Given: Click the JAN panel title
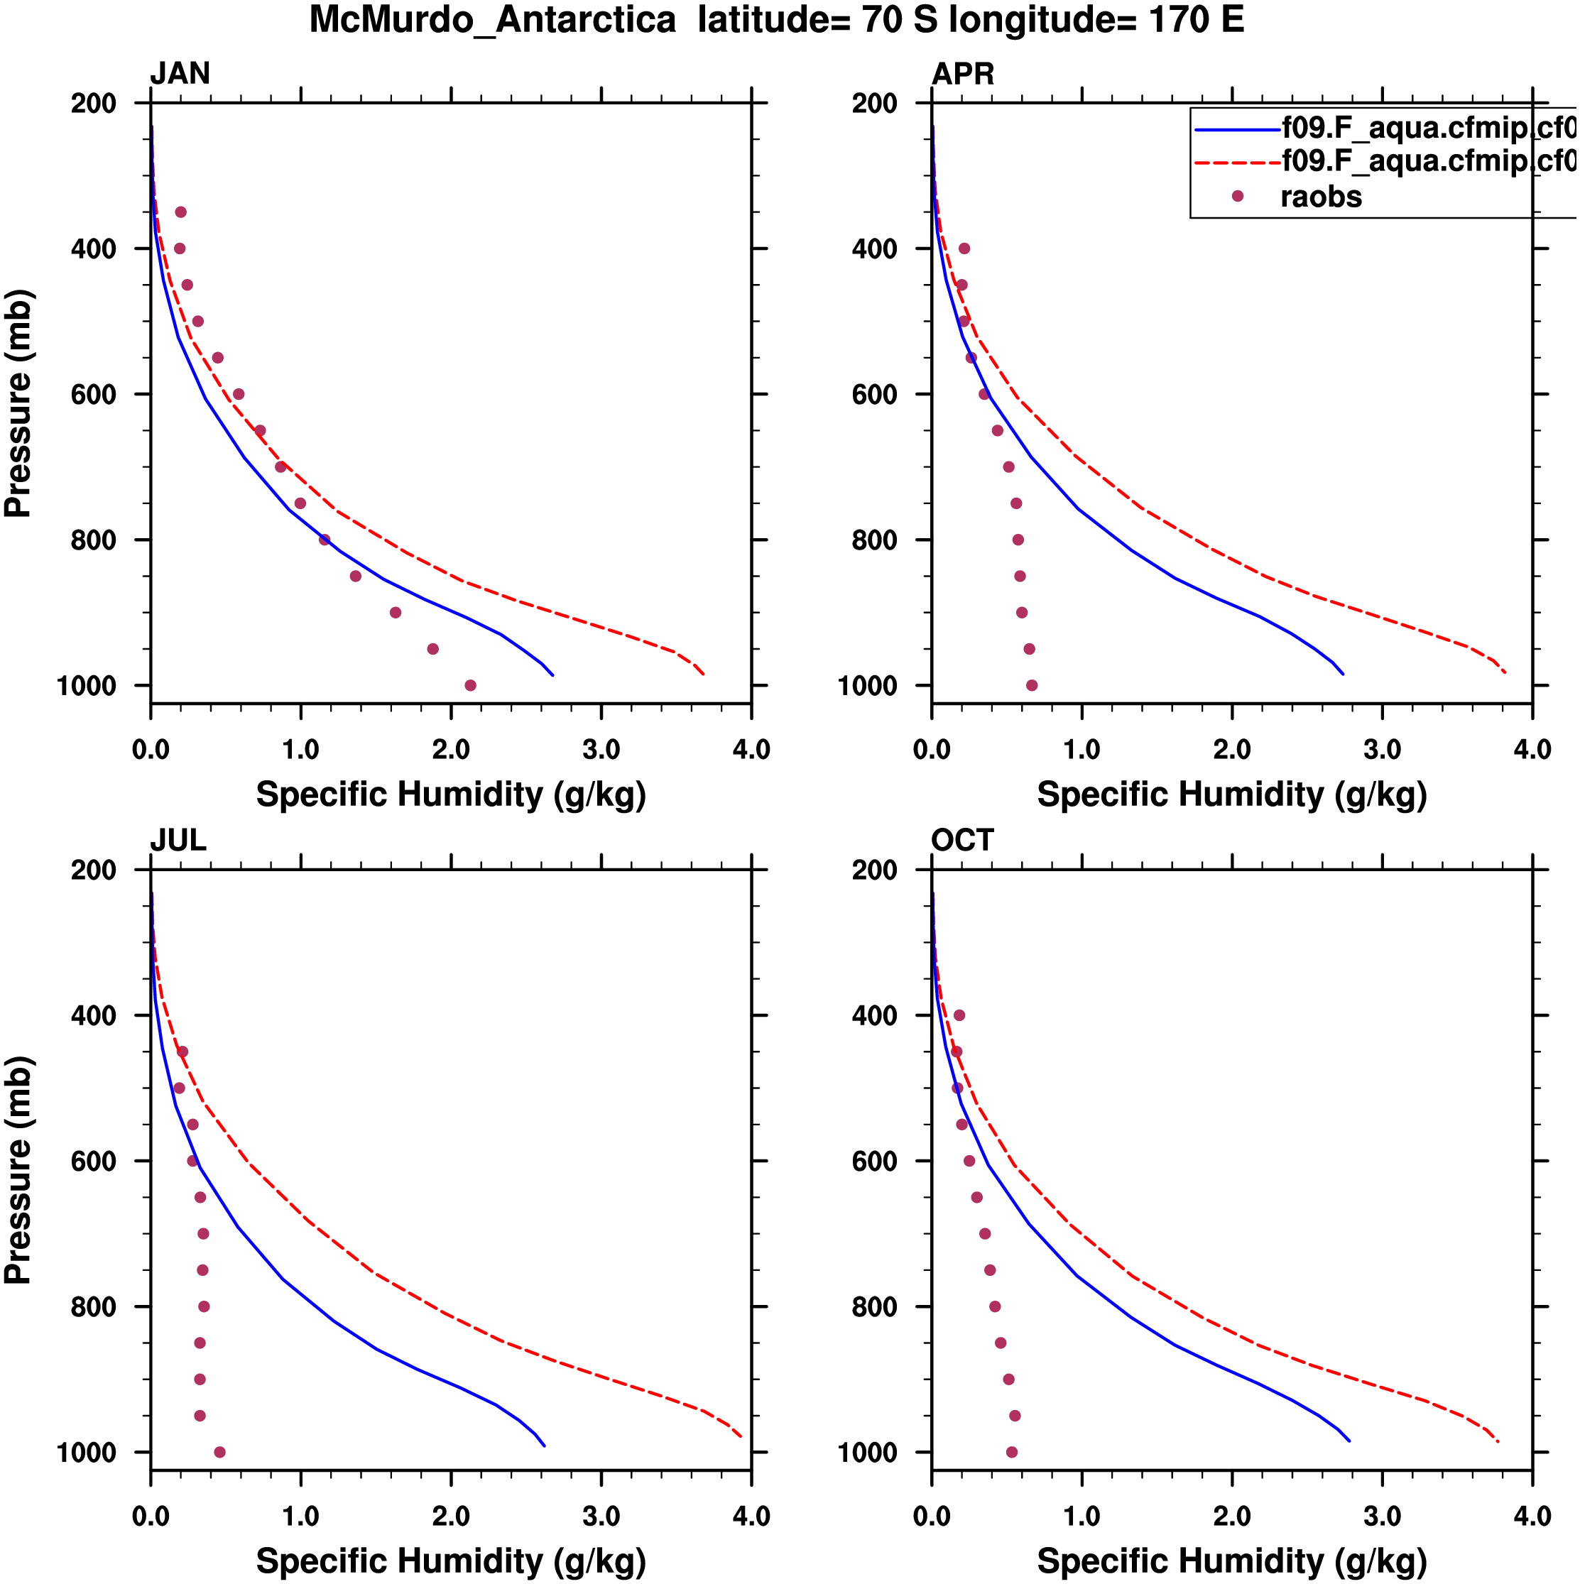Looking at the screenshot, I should (180, 74).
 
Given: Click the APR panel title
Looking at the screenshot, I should (963, 74).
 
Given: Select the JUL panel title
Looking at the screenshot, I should (178, 841).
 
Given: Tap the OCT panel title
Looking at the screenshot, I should (963, 841).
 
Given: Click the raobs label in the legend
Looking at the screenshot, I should (1321, 197).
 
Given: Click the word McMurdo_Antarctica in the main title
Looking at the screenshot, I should (492, 20).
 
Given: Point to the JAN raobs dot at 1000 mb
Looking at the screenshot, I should (470, 685).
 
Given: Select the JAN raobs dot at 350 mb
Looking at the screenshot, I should (180, 212).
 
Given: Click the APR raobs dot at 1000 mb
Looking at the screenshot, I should (1032, 685).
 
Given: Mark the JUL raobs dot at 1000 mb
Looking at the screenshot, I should (219, 1452).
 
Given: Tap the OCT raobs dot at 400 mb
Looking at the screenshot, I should (959, 1015).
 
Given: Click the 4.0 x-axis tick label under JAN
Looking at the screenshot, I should (751, 749).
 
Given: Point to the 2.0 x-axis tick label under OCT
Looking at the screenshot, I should (1231, 1516).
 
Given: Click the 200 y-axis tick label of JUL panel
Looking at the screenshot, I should (94, 870).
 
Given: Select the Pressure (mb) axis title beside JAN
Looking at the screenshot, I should (18, 403).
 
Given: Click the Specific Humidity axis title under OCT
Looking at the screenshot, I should (1231, 1562).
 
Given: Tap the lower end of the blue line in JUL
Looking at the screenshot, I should (545, 1446).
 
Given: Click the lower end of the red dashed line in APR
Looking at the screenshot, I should (1505, 672).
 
